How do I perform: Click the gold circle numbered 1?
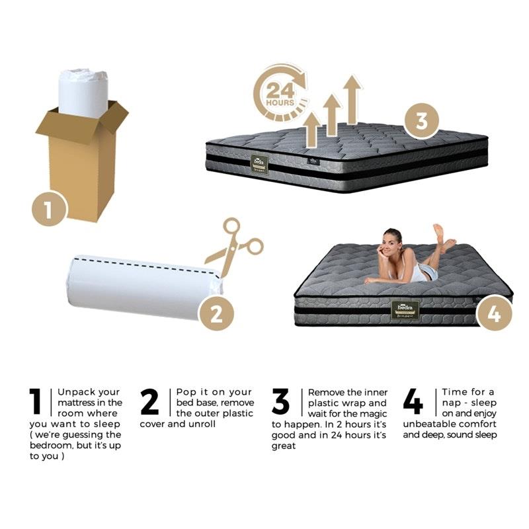49,210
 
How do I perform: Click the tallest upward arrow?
352,99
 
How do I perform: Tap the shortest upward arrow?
311,129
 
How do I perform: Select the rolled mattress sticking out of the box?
83,91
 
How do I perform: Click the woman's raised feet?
442,236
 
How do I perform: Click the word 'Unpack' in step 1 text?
73,392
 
